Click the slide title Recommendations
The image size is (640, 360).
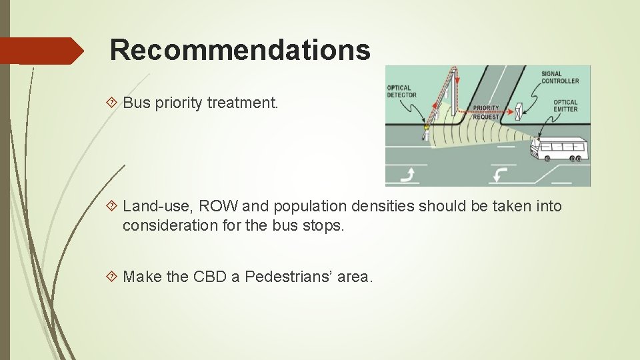(x=239, y=49)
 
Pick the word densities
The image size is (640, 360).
(x=391, y=207)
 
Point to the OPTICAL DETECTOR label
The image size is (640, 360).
(x=401, y=91)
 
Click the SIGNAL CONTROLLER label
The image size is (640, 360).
(x=560, y=77)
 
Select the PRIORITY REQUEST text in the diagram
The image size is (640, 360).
(x=485, y=112)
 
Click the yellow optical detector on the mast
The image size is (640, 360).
(x=426, y=126)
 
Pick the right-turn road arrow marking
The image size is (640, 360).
(x=408, y=175)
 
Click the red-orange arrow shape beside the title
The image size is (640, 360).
(x=41, y=51)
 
